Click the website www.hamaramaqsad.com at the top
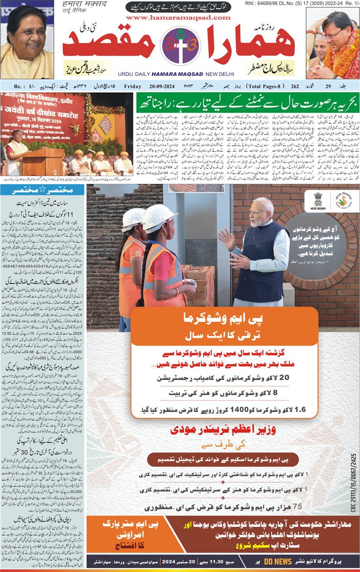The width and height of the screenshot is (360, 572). point(179,17)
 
